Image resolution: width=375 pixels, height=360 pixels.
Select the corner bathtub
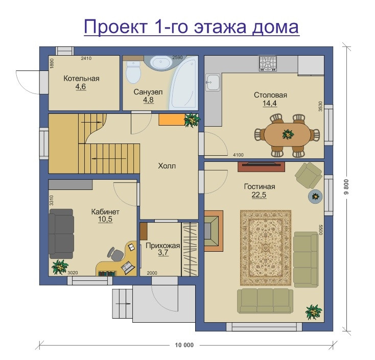pyautogui.click(x=184, y=84)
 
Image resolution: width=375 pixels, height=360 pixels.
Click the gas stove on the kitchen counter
pyautogui.click(x=268, y=64)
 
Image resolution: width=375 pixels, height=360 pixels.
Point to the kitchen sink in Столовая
pyautogui.click(x=213, y=82)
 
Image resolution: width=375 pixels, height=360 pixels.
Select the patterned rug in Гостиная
pyautogui.click(x=266, y=248)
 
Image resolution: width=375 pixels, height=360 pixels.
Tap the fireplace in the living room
pyautogui.click(x=214, y=231)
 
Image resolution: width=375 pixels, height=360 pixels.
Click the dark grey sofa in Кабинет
pyautogui.click(x=61, y=233)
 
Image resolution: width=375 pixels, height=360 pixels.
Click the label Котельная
pyautogui.click(x=81, y=79)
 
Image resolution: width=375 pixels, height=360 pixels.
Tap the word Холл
pyautogui.click(x=167, y=166)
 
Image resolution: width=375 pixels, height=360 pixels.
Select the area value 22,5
pyautogui.click(x=259, y=195)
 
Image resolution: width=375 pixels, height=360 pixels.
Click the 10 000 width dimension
pyautogui.click(x=184, y=345)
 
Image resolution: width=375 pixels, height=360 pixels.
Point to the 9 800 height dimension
pyautogui.click(x=347, y=187)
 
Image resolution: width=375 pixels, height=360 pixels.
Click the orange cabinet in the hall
pyautogui.click(x=172, y=119)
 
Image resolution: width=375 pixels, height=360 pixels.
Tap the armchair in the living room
pyautogui.click(x=309, y=175)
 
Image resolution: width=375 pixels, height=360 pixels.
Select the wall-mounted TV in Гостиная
pyautogui.click(x=261, y=166)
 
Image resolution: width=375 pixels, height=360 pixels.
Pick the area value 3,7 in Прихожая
pyautogui.click(x=163, y=252)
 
